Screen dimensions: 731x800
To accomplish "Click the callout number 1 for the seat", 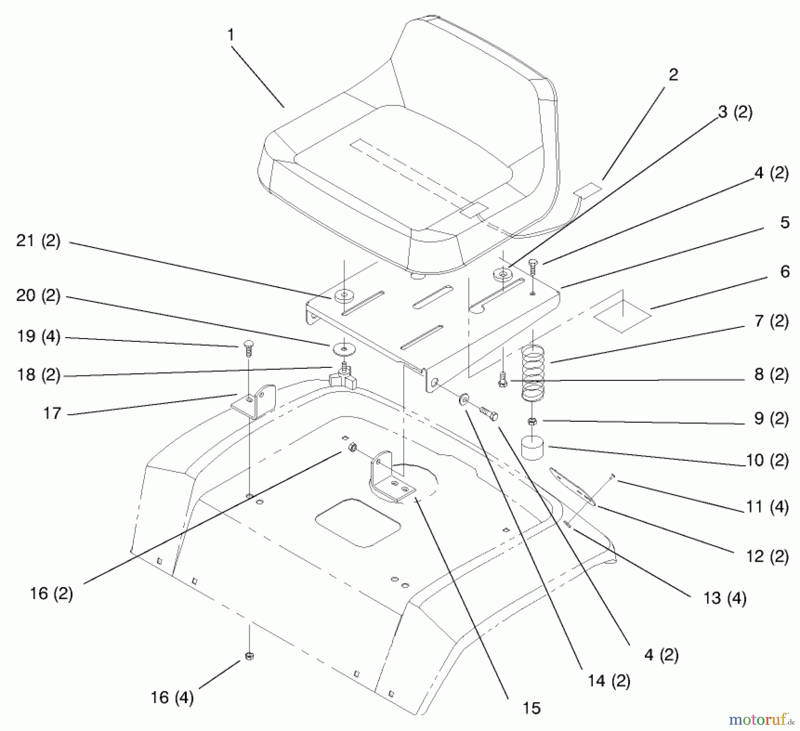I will tap(230, 35).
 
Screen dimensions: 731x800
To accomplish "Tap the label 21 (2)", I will tap(38, 241).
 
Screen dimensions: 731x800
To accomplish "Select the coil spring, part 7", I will tap(533, 372).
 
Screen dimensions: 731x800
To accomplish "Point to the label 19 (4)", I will tap(38, 336).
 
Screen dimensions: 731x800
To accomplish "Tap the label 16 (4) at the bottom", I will tap(172, 697).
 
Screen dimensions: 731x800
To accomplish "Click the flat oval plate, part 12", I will tap(572, 486).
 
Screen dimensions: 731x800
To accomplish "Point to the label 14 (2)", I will tap(609, 681).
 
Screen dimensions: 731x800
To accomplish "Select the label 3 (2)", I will tap(735, 112).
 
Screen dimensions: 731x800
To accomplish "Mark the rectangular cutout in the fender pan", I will tap(358, 522).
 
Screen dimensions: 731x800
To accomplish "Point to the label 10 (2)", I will tap(767, 460).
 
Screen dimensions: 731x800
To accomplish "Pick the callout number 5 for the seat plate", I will tap(784, 223).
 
